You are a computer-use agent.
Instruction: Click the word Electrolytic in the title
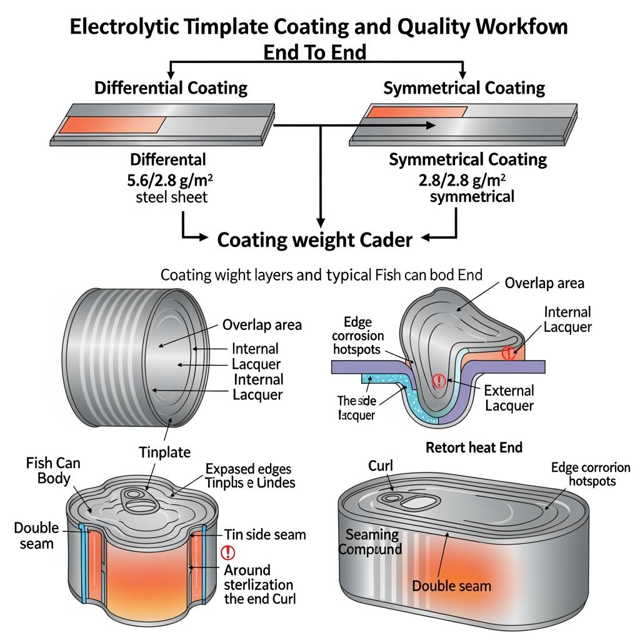click(119, 27)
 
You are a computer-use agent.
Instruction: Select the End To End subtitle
click(314, 52)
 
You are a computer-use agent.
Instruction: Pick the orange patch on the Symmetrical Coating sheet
click(416, 112)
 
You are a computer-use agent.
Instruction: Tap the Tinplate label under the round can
click(165, 451)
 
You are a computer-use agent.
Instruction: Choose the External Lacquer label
click(509, 398)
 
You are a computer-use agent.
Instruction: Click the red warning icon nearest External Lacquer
click(438, 380)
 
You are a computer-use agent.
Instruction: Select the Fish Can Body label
click(53, 471)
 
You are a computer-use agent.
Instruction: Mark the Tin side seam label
click(265, 534)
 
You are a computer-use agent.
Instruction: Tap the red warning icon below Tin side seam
click(228, 552)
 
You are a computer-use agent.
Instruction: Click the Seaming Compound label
click(373, 542)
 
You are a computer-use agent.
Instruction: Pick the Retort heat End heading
click(474, 447)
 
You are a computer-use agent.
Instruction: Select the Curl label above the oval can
click(381, 466)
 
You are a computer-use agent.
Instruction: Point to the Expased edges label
click(248, 469)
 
